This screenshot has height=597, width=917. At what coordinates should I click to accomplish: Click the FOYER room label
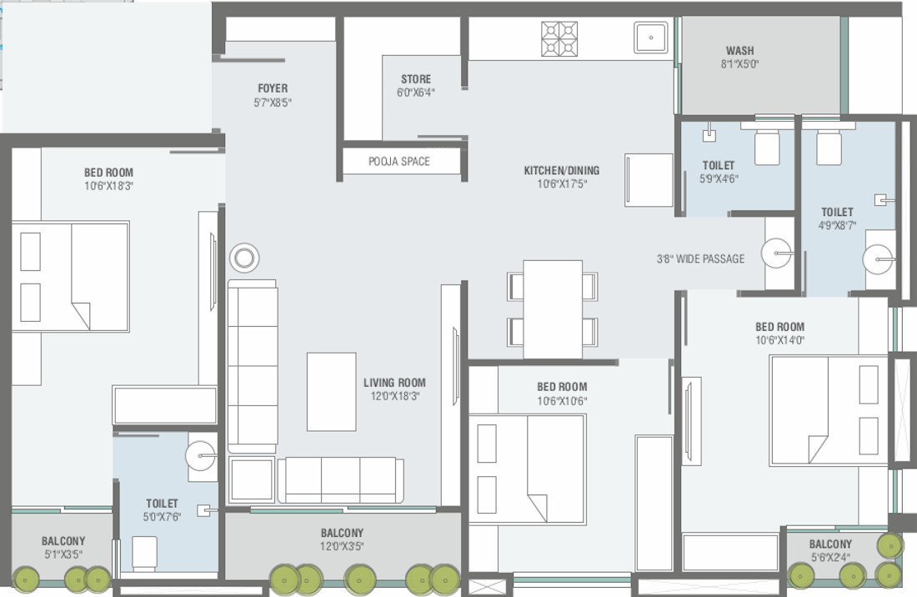tap(273, 88)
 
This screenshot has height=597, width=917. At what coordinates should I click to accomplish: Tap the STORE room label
tap(415, 80)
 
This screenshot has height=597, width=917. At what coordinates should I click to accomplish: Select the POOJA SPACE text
tap(399, 161)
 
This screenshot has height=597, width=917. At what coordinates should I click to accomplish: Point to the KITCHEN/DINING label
tap(561, 171)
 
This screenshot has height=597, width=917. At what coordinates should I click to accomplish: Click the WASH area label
tap(740, 51)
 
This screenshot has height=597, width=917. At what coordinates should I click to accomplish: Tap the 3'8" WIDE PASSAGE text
tap(700, 258)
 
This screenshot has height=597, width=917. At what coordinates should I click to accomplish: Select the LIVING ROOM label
tap(394, 384)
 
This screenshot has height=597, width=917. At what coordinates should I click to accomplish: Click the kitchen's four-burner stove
tap(559, 38)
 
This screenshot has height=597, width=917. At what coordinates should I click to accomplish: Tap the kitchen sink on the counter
tap(650, 38)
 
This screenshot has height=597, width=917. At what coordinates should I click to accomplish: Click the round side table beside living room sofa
tap(244, 258)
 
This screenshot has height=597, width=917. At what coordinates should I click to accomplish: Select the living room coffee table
tap(331, 391)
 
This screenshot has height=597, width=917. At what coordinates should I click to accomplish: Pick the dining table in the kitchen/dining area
tap(553, 309)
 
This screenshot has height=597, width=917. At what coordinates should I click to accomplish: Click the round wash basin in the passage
tap(777, 253)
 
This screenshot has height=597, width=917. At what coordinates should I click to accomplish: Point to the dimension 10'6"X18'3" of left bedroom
tap(108, 186)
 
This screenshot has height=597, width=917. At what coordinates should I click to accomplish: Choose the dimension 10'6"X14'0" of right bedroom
tap(779, 340)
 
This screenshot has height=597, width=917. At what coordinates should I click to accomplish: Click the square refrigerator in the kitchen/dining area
tap(649, 179)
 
